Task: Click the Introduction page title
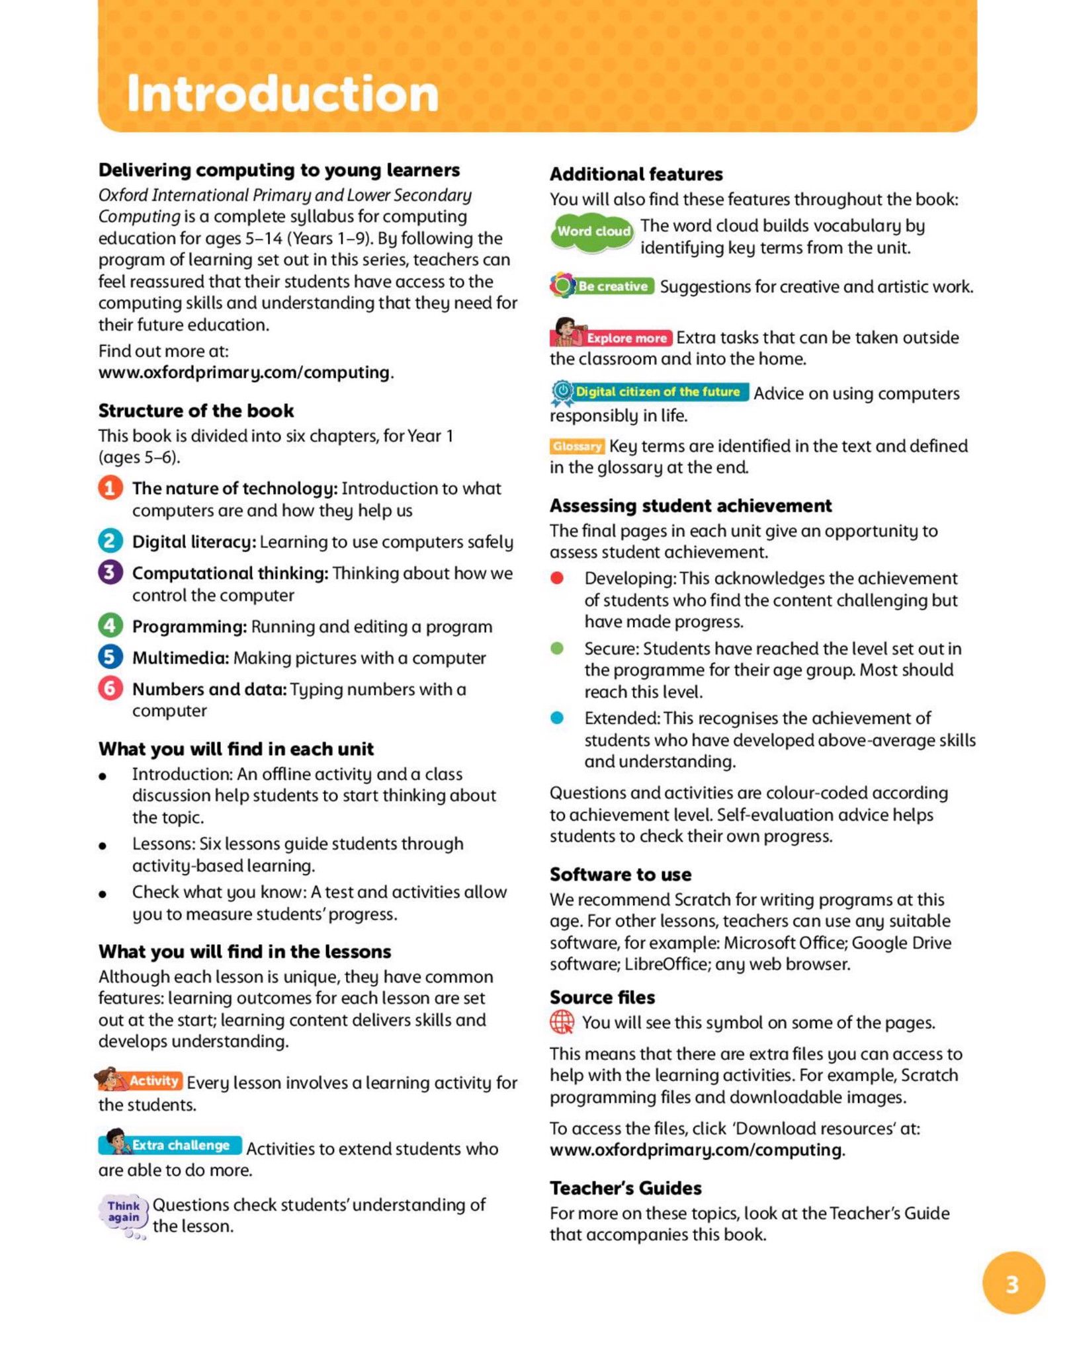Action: click(x=282, y=93)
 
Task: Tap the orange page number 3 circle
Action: click(x=1012, y=1283)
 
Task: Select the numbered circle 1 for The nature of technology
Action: click(x=110, y=488)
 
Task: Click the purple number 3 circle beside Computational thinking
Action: click(x=110, y=573)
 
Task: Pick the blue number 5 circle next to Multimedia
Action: click(x=110, y=657)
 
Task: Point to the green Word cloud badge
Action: click(x=592, y=232)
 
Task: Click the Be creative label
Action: click(x=612, y=286)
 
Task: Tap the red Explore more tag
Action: click(x=625, y=338)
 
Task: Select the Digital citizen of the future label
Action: click(x=657, y=391)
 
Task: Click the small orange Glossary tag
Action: click(x=577, y=446)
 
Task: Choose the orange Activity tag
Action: click(x=153, y=1080)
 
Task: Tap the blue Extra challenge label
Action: click(x=180, y=1145)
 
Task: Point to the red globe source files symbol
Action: click(x=562, y=1022)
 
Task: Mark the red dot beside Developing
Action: click(x=557, y=578)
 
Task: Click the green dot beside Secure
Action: click(x=557, y=648)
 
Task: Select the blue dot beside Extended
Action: click(x=557, y=718)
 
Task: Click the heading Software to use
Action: click(x=621, y=874)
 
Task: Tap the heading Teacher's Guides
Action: click(x=625, y=1187)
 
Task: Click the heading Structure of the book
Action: click(x=196, y=411)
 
